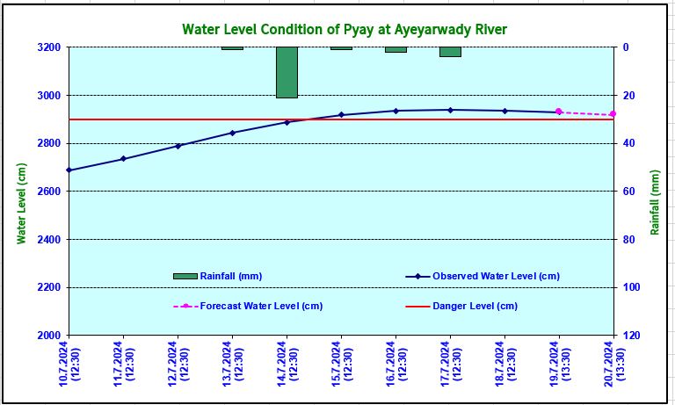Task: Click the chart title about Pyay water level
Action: pos(344,30)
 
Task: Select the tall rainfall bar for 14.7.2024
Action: pos(287,72)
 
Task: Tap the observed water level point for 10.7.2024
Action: pos(69,170)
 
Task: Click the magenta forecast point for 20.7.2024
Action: pos(613,114)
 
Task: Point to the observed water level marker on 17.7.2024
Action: pos(450,110)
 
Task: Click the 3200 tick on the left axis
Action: pos(50,47)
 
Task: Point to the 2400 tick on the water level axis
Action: pos(50,239)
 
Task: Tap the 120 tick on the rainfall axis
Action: pos(631,336)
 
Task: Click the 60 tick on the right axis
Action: pos(628,192)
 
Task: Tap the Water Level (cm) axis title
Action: pos(22,204)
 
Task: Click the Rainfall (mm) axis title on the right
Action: pos(655,202)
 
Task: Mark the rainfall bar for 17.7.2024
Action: pos(450,52)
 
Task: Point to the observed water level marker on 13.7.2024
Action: pos(232,133)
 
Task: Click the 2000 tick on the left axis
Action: pos(50,336)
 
